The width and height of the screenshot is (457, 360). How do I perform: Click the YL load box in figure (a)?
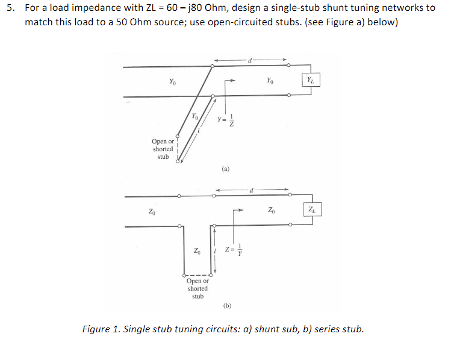coord(309,80)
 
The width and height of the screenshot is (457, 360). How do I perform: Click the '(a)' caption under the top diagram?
coord(225,169)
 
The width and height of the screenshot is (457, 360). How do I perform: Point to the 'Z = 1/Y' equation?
coord(232,250)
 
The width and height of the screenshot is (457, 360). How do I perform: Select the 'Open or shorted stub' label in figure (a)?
coord(163,149)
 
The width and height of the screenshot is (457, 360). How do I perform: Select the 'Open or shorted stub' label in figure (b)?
coord(197,288)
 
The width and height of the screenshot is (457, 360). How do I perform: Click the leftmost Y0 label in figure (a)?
coord(173,81)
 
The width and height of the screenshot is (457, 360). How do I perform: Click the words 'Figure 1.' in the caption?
coord(99,329)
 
